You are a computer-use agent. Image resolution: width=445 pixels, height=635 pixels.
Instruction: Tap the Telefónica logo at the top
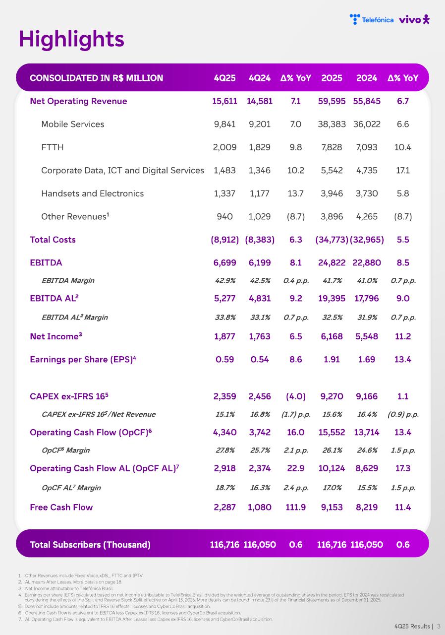tap(372, 20)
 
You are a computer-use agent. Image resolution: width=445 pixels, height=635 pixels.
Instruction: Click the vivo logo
tap(414, 19)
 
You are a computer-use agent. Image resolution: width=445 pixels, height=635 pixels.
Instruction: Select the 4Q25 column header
tap(224, 78)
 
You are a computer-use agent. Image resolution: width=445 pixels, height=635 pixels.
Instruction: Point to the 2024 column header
tap(367, 78)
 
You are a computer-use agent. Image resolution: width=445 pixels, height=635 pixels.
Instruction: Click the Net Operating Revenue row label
tap(78, 101)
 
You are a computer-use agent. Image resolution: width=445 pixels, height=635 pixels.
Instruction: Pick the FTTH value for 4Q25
tap(224, 147)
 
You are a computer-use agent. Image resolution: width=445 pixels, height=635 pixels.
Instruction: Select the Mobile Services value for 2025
tap(332, 124)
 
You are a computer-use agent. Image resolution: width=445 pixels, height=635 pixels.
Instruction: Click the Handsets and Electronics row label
tap(92, 193)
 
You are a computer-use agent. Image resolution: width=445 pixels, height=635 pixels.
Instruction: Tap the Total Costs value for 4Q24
tap(260, 240)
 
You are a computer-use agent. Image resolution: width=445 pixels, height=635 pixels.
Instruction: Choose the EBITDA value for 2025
tap(332, 262)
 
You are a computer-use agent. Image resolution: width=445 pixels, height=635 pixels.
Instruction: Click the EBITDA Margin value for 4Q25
tap(224, 281)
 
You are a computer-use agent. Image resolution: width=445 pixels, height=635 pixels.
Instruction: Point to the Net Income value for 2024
tap(367, 336)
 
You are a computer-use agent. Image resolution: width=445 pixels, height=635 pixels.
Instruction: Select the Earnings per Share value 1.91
tap(332, 359)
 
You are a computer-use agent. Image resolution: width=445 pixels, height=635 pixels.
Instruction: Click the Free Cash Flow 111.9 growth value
tap(296, 507)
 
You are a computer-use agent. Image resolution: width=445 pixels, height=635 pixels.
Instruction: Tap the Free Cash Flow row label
tap(61, 507)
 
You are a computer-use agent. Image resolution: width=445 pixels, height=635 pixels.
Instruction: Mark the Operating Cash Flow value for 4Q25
tap(224, 432)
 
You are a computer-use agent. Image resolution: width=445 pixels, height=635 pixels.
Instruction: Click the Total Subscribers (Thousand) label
tap(90, 544)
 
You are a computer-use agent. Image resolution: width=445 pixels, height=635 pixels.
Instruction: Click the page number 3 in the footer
tap(439, 626)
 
